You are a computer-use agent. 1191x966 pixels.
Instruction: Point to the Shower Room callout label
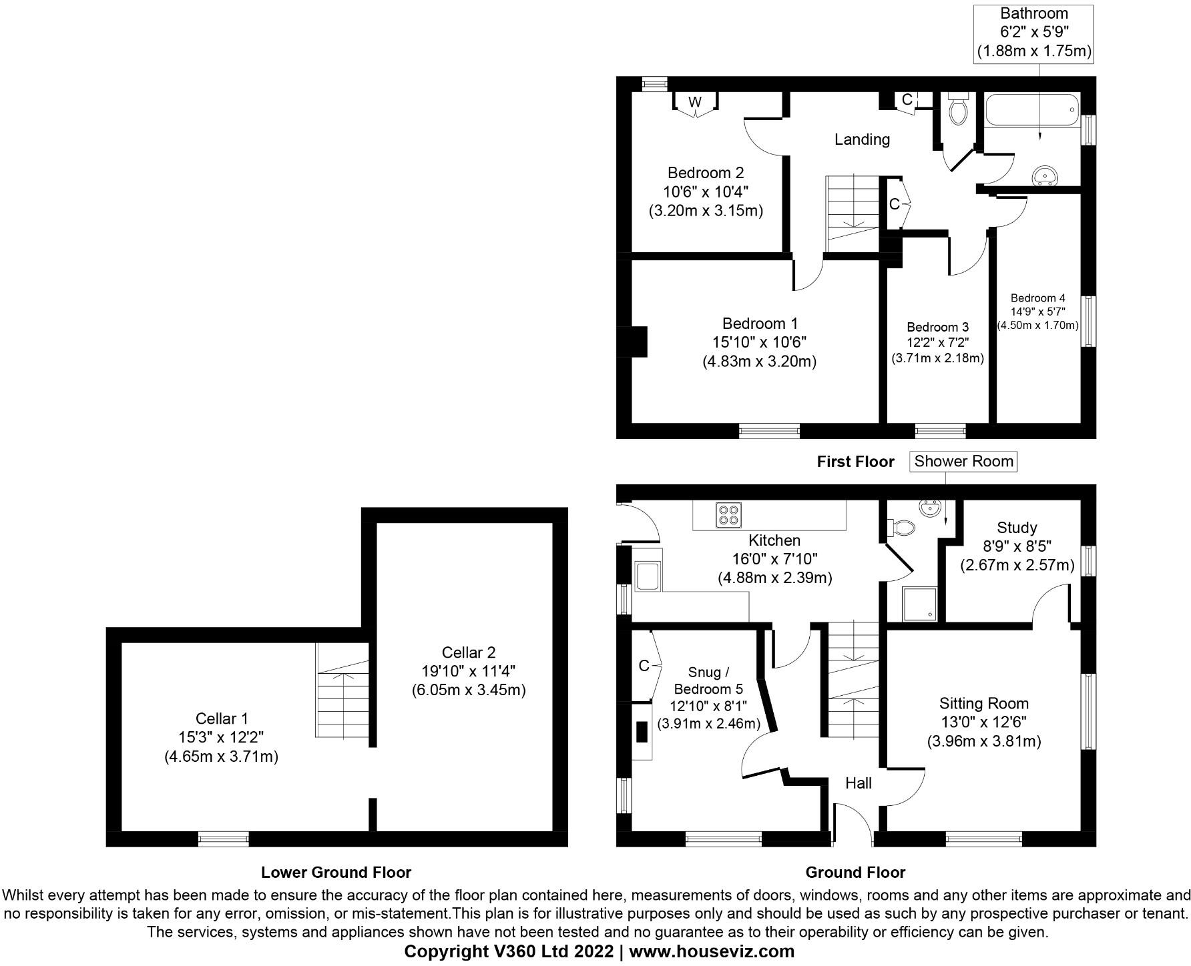pos(963,461)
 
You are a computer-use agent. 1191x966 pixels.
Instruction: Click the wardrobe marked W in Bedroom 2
pos(695,102)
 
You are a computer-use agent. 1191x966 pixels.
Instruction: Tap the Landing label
pos(862,139)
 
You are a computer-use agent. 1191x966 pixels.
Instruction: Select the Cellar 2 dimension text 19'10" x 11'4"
pos(469,671)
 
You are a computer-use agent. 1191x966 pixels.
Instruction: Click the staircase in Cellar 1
pos(342,690)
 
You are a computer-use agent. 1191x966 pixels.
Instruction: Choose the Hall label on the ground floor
pos(858,783)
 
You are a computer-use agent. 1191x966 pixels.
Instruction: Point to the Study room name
pos(1017,528)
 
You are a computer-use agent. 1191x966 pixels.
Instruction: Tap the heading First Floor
pos(855,462)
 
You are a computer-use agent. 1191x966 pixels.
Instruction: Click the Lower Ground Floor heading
pos(336,873)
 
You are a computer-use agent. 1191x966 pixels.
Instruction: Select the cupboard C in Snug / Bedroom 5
pos(644,666)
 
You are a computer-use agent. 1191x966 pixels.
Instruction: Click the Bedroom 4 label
pos(1037,298)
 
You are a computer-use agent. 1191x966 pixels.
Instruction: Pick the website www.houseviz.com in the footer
pos(712,951)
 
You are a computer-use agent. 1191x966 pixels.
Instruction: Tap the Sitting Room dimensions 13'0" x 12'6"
pos(983,722)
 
